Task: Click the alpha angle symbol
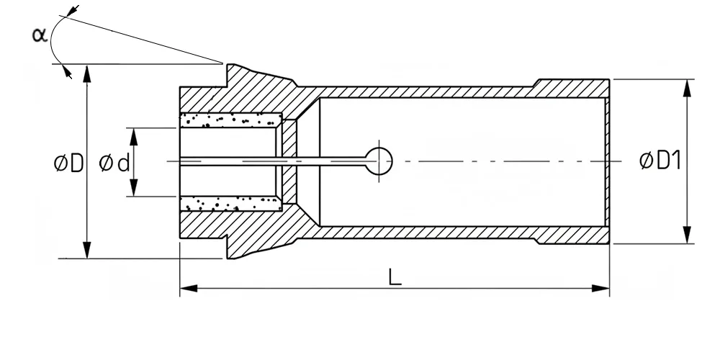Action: click(40, 35)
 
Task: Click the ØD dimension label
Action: click(68, 163)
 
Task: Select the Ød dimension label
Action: click(114, 163)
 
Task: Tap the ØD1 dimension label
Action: click(660, 161)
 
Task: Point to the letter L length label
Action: click(395, 277)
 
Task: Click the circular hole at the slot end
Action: click(379, 161)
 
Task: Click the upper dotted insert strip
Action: click(230, 120)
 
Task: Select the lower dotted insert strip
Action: click(230, 204)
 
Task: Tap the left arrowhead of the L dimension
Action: click(189, 289)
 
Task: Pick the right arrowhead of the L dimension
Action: click(600, 289)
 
